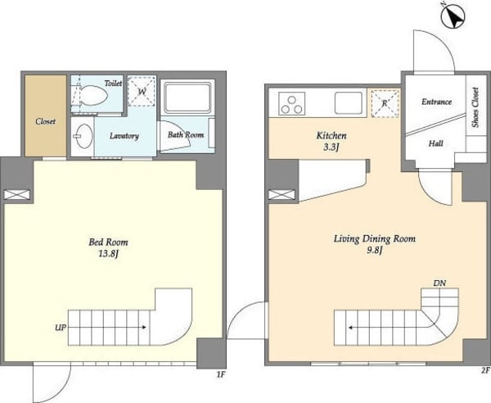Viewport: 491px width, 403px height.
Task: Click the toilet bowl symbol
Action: [x=93, y=95]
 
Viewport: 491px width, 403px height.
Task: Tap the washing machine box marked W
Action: [x=142, y=92]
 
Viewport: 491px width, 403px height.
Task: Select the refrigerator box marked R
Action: [x=385, y=103]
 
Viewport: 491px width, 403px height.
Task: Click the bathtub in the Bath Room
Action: [x=187, y=97]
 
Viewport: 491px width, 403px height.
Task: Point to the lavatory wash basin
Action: [x=83, y=136]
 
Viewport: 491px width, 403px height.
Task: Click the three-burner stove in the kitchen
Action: [x=292, y=103]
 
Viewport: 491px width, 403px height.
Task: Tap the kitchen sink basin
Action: [x=349, y=102]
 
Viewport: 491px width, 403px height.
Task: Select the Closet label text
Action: [x=45, y=121]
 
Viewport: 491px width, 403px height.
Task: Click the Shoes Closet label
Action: [x=475, y=107]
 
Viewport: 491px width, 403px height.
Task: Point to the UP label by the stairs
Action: [x=61, y=328]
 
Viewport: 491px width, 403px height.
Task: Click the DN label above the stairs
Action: [x=439, y=283]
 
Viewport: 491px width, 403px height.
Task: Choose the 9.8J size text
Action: [x=375, y=251]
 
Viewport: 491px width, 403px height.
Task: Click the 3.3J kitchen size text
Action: [x=331, y=147]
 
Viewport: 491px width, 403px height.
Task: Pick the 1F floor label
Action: [x=221, y=374]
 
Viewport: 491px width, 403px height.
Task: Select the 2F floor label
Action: [x=485, y=371]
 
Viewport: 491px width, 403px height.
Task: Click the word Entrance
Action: [x=436, y=102]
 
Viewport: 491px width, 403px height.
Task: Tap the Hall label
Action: [x=435, y=143]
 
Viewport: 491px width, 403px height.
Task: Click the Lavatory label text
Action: [x=124, y=136]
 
